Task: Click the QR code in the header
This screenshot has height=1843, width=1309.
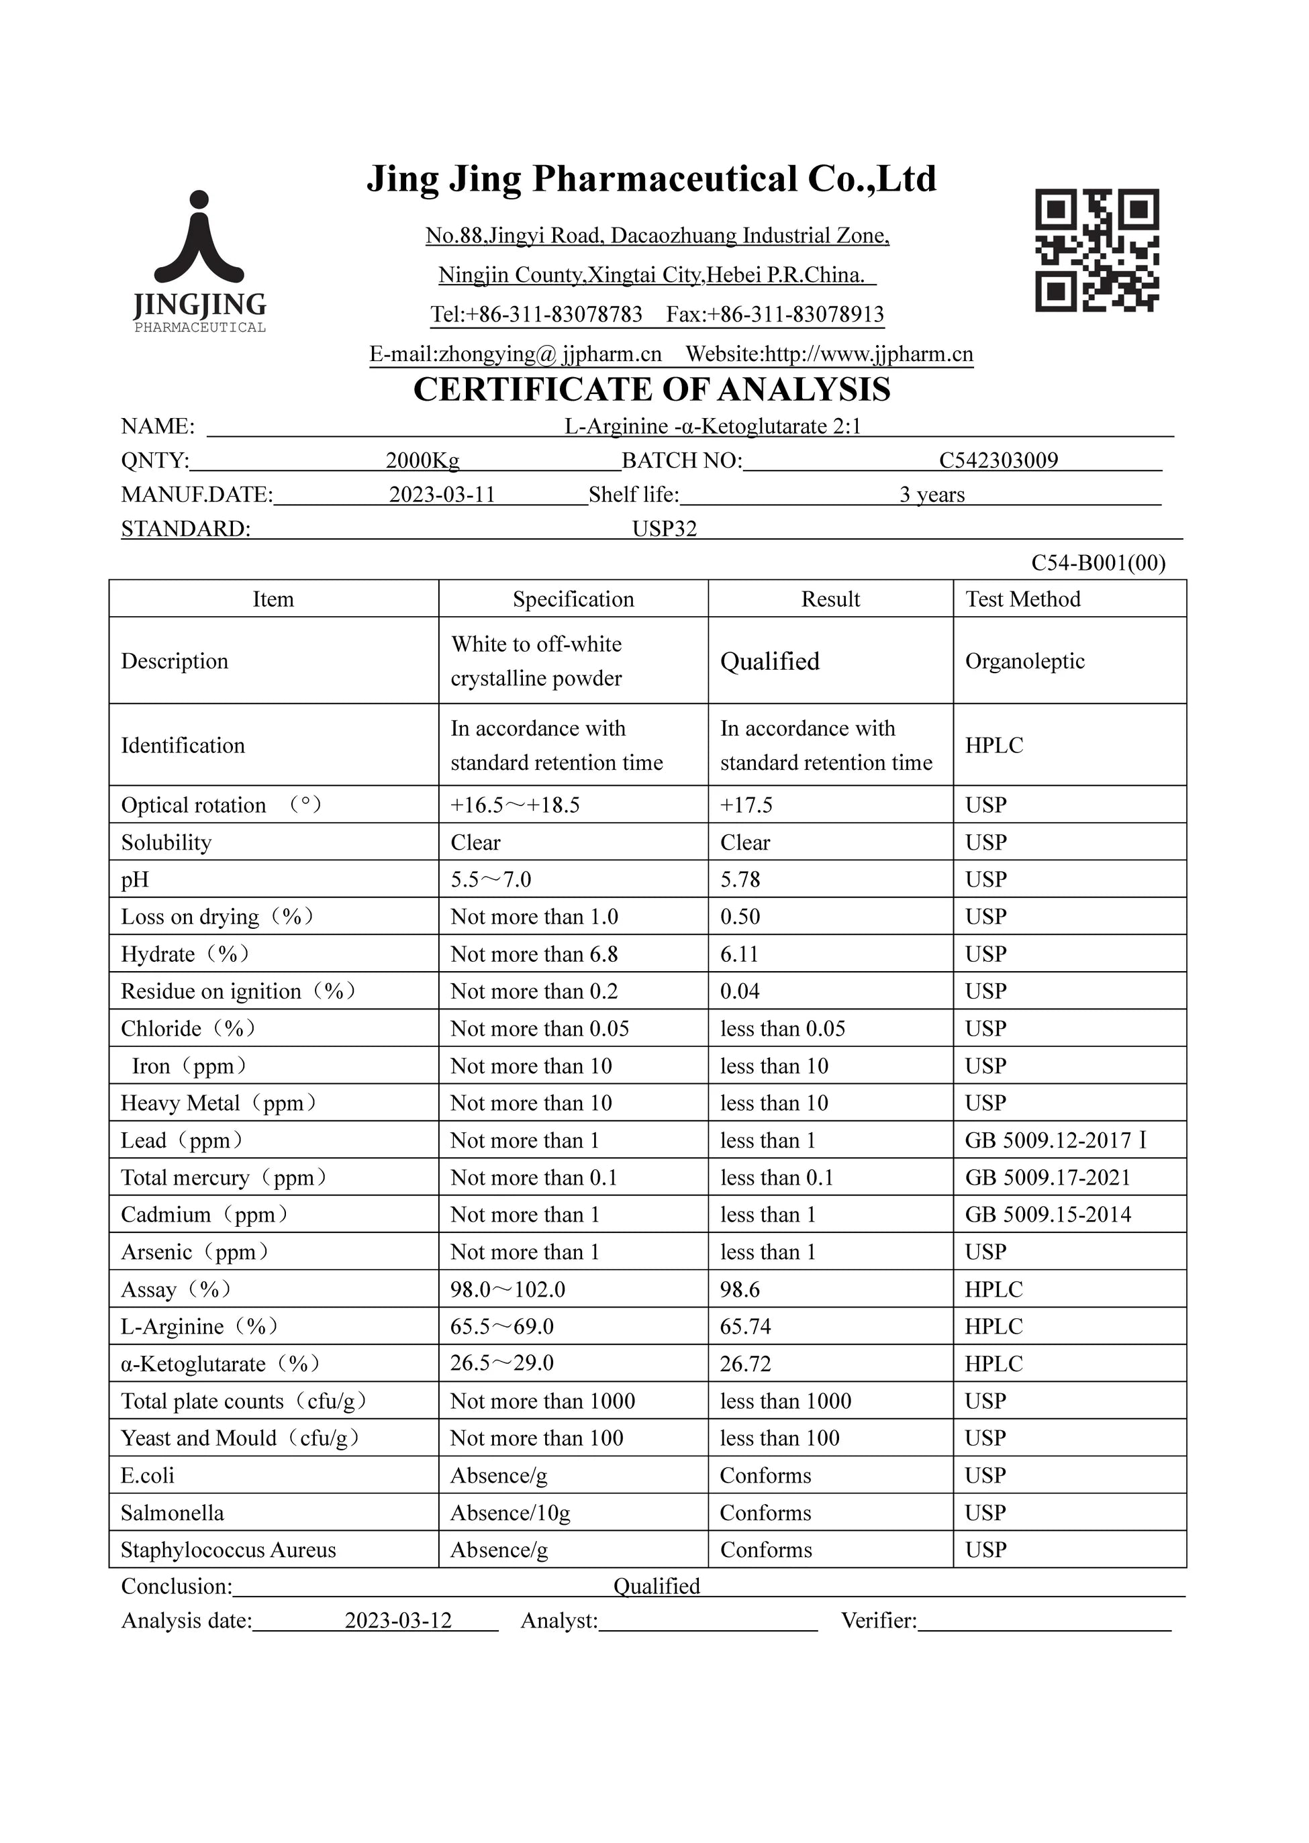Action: [x=1096, y=250]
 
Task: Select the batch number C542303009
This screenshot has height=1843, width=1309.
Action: [x=998, y=460]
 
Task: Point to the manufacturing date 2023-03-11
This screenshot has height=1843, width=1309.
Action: [x=442, y=494]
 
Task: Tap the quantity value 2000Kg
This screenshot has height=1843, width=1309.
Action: [x=422, y=460]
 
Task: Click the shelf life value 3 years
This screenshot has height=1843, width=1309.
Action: [x=932, y=494]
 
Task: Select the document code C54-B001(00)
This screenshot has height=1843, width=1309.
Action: [x=1098, y=562]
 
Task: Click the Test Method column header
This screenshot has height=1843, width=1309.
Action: [x=1022, y=599]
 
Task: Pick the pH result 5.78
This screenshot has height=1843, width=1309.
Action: [x=740, y=879]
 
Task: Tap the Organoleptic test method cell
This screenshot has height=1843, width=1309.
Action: [x=1024, y=661]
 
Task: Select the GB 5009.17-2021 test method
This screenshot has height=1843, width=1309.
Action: [x=1048, y=1177]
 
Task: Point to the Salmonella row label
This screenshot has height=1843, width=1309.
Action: [x=173, y=1513]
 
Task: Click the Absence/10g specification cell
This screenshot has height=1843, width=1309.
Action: [x=510, y=1513]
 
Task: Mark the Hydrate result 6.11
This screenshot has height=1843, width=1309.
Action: [x=739, y=954]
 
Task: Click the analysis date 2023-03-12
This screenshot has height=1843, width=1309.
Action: [x=398, y=1621]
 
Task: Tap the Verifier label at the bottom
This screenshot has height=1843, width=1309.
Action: [x=879, y=1621]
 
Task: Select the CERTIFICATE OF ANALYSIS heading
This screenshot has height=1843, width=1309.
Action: [x=651, y=390]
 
